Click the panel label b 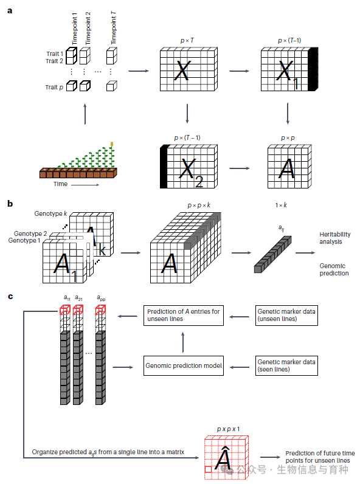(x=10, y=204)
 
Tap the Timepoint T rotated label (x=113, y=28)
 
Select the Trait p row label (x=54, y=88)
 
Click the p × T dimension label (x=187, y=41)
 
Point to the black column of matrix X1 (x=313, y=69)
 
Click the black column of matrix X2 (x=164, y=167)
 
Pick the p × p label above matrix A (x=288, y=138)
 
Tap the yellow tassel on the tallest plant (x=112, y=144)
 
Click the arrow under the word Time (x=85, y=185)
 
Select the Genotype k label (x=50, y=213)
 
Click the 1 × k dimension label (x=281, y=206)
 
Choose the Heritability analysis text (x=335, y=238)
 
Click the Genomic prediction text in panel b (x=334, y=269)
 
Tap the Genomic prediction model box (x=184, y=366)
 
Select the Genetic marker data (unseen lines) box (x=286, y=316)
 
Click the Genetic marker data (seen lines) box (x=286, y=366)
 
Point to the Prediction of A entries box (x=184, y=316)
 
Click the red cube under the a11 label (x=65, y=309)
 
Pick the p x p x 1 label (x=228, y=429)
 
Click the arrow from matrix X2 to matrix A (x=240, y=168)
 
